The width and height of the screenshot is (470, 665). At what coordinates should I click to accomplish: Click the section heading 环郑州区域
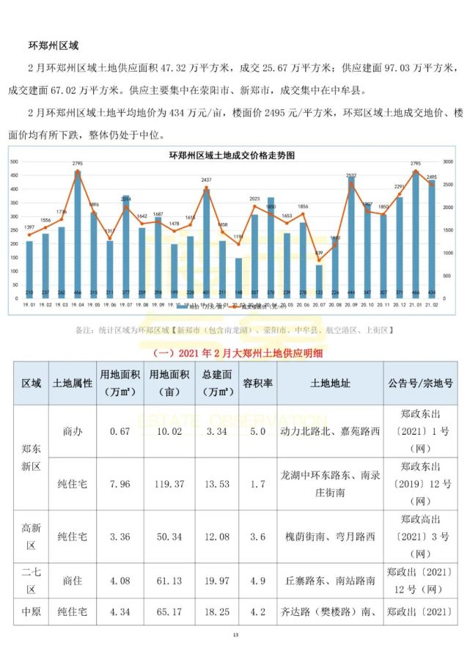point(59,45)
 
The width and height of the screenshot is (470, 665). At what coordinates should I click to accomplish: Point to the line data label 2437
point(206,180)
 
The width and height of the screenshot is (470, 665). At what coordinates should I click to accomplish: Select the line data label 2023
point(254,199)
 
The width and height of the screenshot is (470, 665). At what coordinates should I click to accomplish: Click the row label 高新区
point(32,537)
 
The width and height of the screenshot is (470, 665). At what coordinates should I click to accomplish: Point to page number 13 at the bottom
point(235,634)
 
